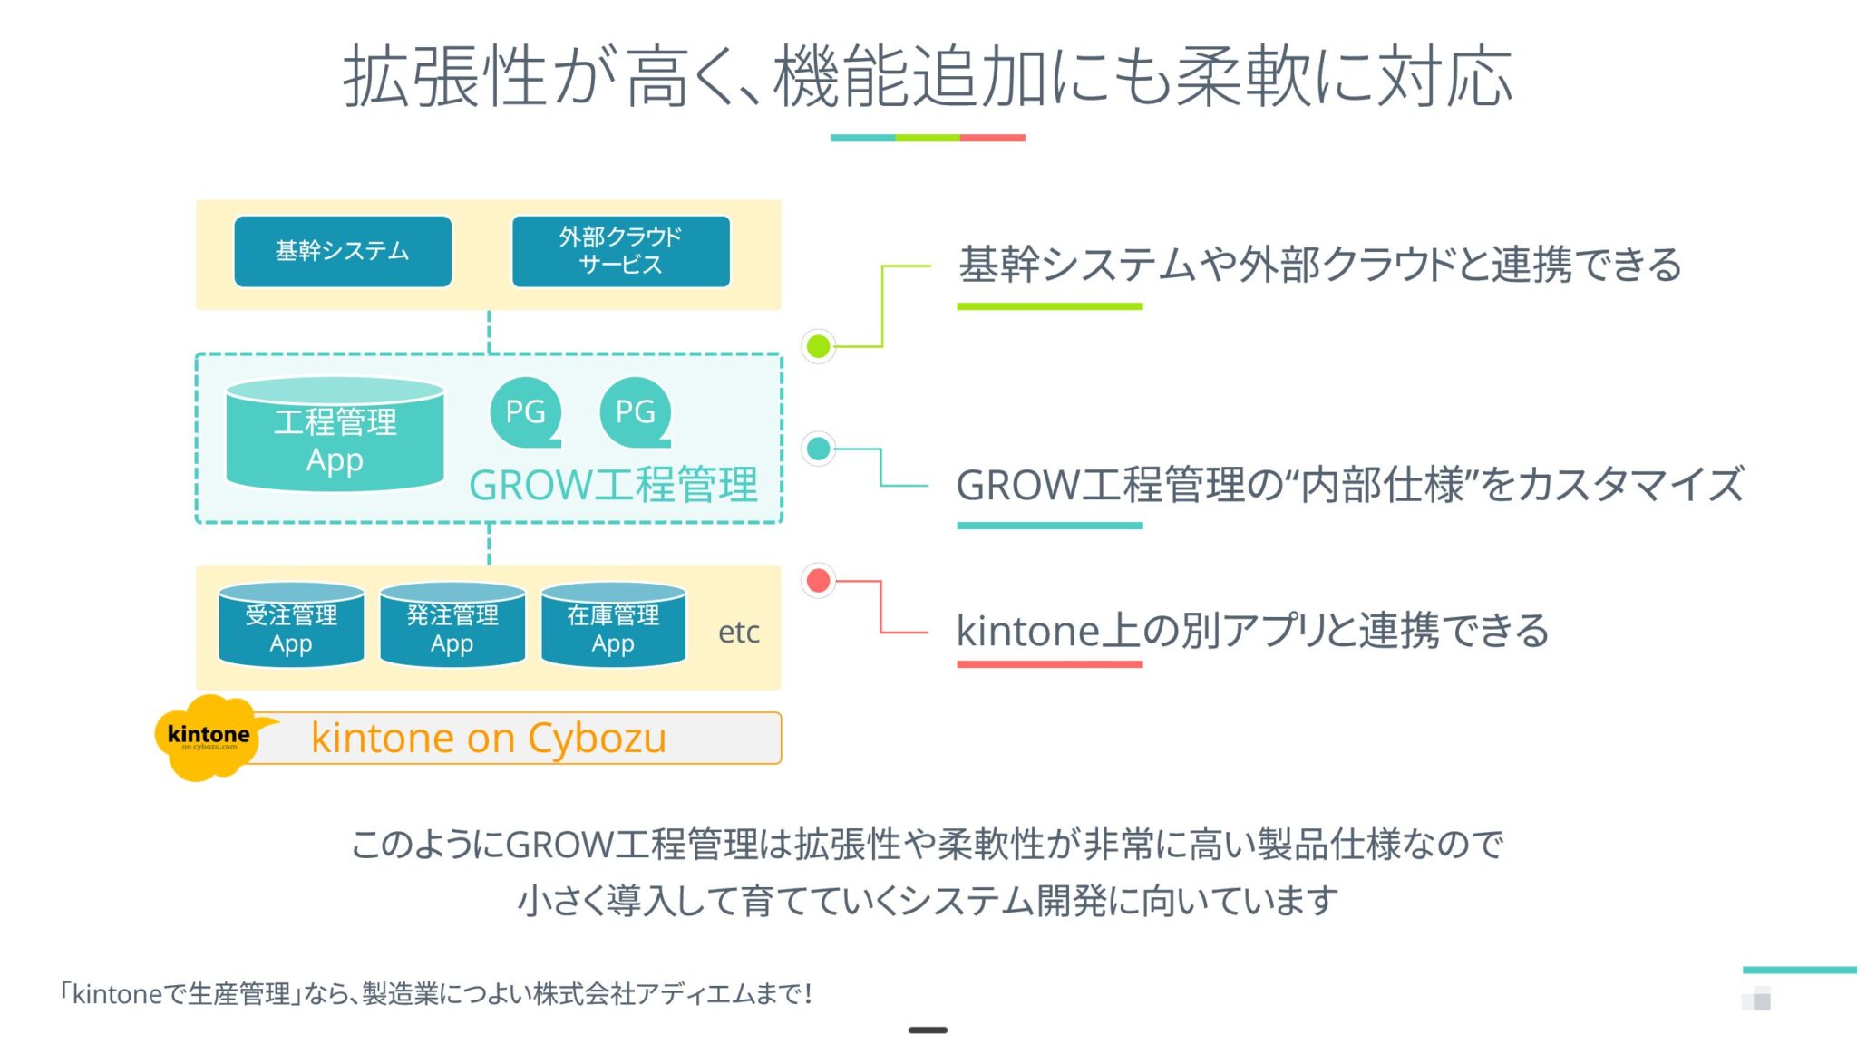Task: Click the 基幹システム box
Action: (x=343, y=251)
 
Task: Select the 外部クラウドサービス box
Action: (x=621, y=251)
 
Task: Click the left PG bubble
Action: (x=525, y=412)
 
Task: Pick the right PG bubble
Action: (x=635, y=412)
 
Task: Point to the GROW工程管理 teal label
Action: (x=613, y=485)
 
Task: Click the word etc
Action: (x=738, y=633)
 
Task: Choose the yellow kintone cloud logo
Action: (x=209, y=737)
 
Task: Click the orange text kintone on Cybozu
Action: (x=489, y=738)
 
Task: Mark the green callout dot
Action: (x=818, y=346)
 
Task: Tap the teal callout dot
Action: (x=818, y=449)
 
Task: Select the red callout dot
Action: (x=818, y=580)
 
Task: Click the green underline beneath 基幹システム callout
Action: (x=1049, y=307)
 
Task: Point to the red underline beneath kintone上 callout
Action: (x=1049, y=664)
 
